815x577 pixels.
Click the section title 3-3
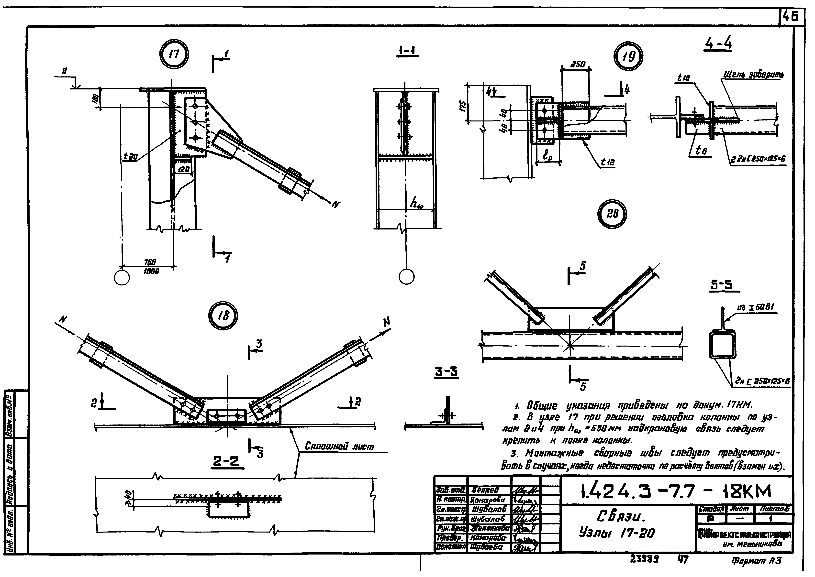pos(447,372)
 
